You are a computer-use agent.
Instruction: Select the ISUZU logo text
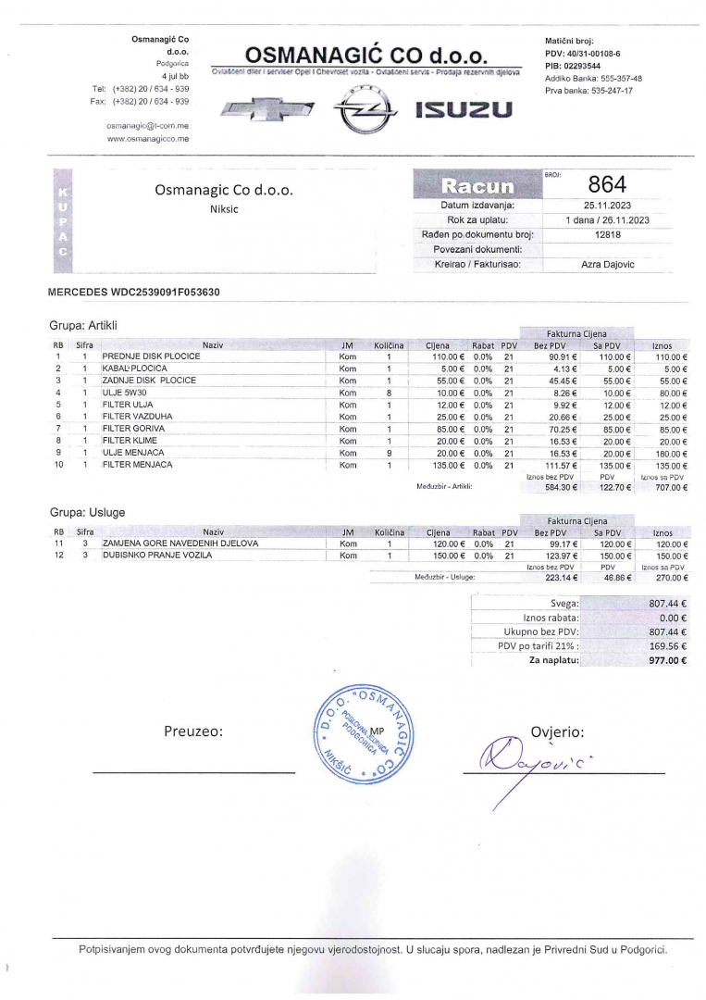coord(463,111)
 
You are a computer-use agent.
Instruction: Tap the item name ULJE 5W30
coord(124,393)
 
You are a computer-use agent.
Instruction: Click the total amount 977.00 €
coord(667,661)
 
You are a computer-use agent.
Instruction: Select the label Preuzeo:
coord(193,731)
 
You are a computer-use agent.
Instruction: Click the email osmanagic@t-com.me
coord(147,124)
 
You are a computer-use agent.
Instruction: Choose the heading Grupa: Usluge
coord(87,512)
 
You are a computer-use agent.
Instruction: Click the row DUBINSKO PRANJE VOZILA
coord(157,556)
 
